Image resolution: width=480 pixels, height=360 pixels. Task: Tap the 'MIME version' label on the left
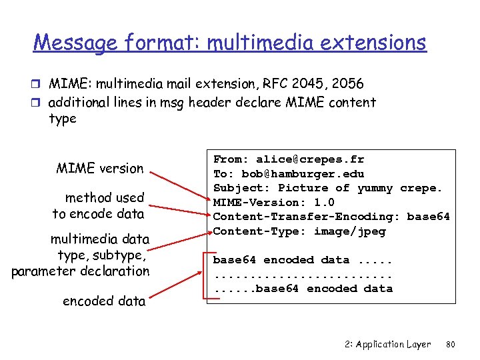[x=100, y=168]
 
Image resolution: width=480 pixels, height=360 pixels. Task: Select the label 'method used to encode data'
[x=99, y=205]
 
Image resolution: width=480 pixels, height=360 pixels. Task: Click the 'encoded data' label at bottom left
[x=104, y=301]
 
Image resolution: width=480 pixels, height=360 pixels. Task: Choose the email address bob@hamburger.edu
[x=303, y=174]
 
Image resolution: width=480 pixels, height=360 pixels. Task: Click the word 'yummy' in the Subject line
[x=375, y=188]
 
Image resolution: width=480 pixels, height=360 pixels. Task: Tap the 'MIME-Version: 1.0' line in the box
[x=273, y=203]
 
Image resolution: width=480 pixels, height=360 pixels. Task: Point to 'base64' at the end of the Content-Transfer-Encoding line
[x=428, y=217]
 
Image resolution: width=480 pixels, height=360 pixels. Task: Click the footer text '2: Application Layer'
[x=388, y=345]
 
